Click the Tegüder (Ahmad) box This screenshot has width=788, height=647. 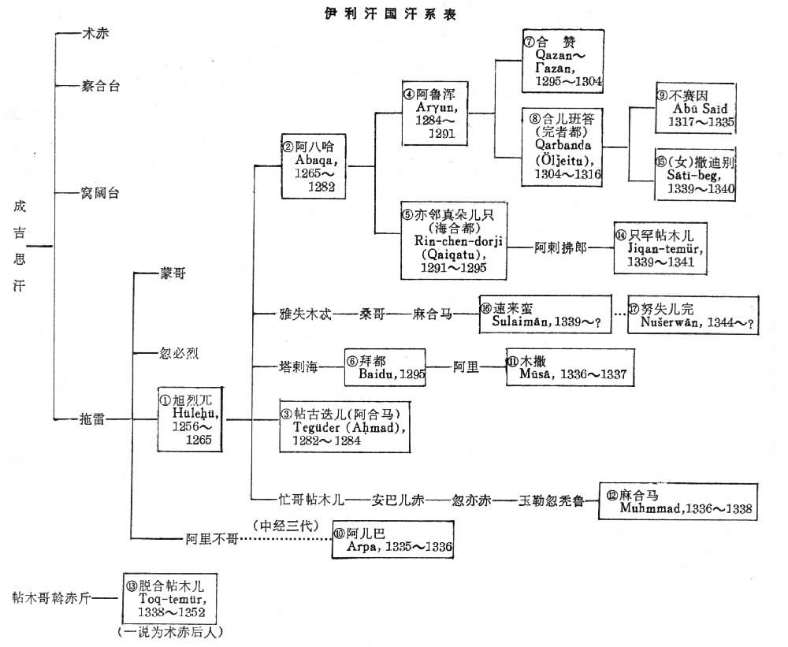coord(345,426)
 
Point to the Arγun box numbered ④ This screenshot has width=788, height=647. coord(434,111)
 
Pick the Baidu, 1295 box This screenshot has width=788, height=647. coord(385,367)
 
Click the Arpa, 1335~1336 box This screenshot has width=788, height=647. coord(393,538)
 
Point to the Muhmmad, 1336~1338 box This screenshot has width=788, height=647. coord(678,500)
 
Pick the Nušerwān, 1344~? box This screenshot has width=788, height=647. coord(691,315)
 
